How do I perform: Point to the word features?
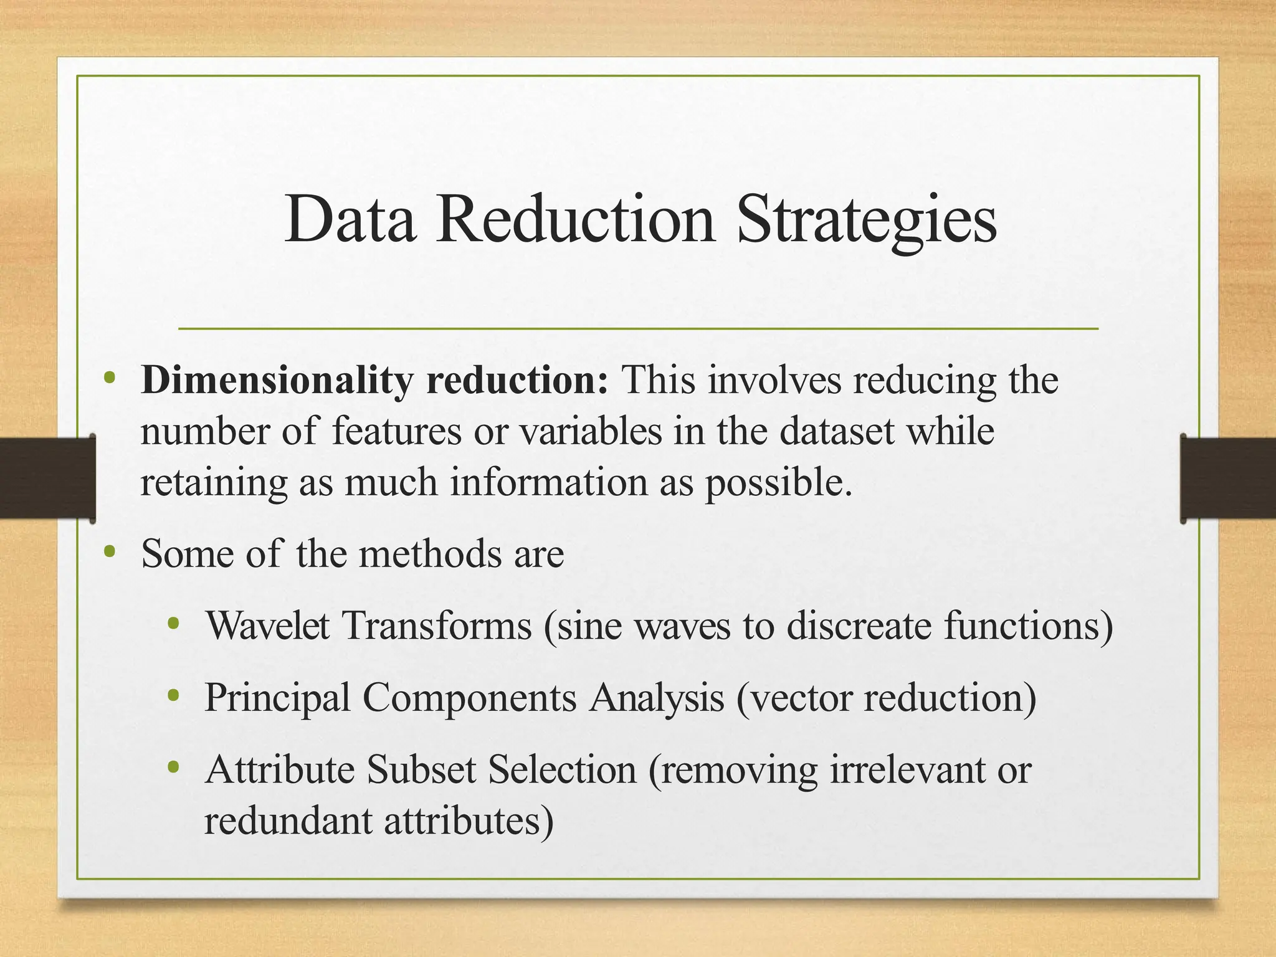coord(396,431)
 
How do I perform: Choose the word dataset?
coord(837,431)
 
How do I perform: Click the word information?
coord(549,482)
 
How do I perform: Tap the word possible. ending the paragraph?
coord(778,483)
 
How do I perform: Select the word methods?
coord(431,553)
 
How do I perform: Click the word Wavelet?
coord(267,626)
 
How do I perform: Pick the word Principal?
coord(277,698)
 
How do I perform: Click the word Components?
coord(469,698)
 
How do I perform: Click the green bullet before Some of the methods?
coord(110,551)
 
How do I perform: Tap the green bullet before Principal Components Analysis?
coord(174,695)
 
